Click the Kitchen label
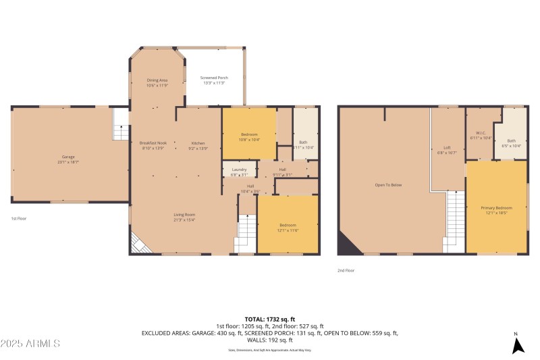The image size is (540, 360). pyautogui.click(x=198, y=143)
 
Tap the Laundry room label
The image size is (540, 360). pyautogui.click(x=239, y=170)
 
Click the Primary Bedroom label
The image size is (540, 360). pyautogui.click(x=496, y=208)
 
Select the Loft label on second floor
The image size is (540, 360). pyautogui.click(x=446, y=147)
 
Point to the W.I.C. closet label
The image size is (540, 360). pyautogui.click(x=481, y=133)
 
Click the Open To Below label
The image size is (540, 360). pyautogui.click(x=388, y=184)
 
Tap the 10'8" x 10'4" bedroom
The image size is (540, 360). pyautogui.click(x=249, y=134)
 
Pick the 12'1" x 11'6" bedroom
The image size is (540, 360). pyautogui.click(x=288, y=225)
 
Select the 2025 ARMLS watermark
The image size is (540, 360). pyautogui.click(x=31, y=343)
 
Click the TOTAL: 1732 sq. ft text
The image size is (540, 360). pyautogui.click(x=269, y=319)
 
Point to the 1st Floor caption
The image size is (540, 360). pyautogui.click(x=19, y=219)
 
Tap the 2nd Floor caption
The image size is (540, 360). pyautogui.click(x=346, y=270)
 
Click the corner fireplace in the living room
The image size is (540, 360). pyautogui.click(x=139, y=243)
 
